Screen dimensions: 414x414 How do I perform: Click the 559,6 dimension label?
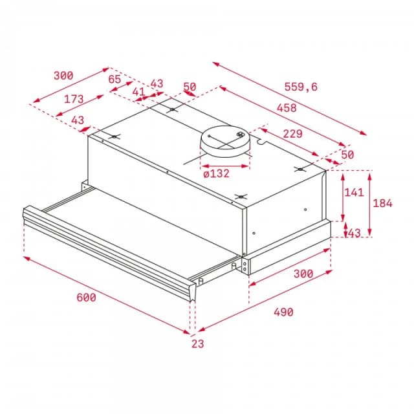tap(300, 87)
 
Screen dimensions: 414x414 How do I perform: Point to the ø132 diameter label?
tap(217, 173)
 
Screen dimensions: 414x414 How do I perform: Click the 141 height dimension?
tap(353, 191)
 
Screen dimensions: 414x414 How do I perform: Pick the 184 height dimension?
tap(382, 202)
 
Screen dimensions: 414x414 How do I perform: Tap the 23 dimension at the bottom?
tap(197, 343)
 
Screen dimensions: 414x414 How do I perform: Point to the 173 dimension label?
tap(74, 100)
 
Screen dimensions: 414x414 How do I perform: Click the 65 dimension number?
tap(114, 79)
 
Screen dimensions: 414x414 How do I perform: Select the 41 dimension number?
tap(139, 92)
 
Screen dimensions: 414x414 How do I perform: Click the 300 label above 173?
tap(63, 76)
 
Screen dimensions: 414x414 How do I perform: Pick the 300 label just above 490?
tap(303, 274)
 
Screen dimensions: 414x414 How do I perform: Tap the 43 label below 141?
tap(354, 233)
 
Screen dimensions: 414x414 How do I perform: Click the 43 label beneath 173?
tap(78, 120)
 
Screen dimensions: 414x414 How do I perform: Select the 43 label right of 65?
tap(157, 83)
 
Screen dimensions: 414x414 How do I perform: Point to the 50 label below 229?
tap(347, 155)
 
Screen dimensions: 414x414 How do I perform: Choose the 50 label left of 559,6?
tap(189, 87)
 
